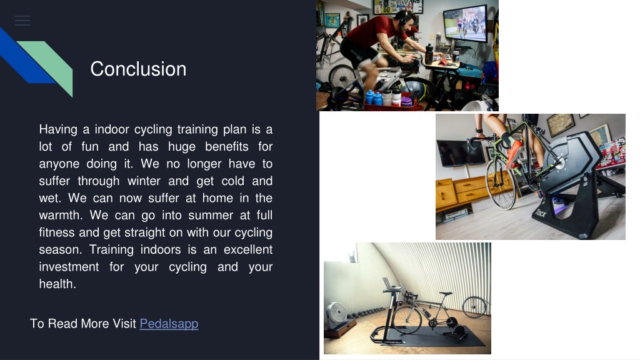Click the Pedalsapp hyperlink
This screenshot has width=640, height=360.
point(169,324)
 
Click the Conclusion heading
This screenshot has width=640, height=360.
point(138,69)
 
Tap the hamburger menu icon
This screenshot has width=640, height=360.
point(22,21)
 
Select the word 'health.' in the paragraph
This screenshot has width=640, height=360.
point(57,284)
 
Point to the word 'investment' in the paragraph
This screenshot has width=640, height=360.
point(69,266)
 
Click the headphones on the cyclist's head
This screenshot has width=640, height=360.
point(404,17)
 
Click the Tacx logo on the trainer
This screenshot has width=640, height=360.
point(541,213)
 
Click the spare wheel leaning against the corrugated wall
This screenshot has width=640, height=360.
point(474,307)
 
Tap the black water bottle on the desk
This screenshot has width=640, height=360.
point(429,54)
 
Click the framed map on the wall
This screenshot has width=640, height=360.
point(561,124)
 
